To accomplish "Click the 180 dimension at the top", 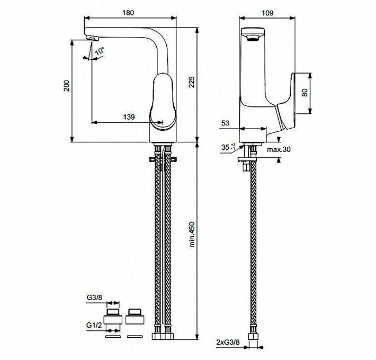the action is (x=128, y=13).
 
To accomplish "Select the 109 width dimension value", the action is (x=267, y=13).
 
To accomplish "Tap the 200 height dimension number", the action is (x=67, y=86).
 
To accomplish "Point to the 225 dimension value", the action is (x=191, y=82).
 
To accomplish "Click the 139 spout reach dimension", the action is (x=129, y=117).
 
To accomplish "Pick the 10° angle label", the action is (x=100, y=51).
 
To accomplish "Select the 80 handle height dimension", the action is (x=305, y=93).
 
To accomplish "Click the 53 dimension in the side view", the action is (x=225, y=123).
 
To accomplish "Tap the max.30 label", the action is (x=279, y=149).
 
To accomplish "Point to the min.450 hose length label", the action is (x=192, y=235).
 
